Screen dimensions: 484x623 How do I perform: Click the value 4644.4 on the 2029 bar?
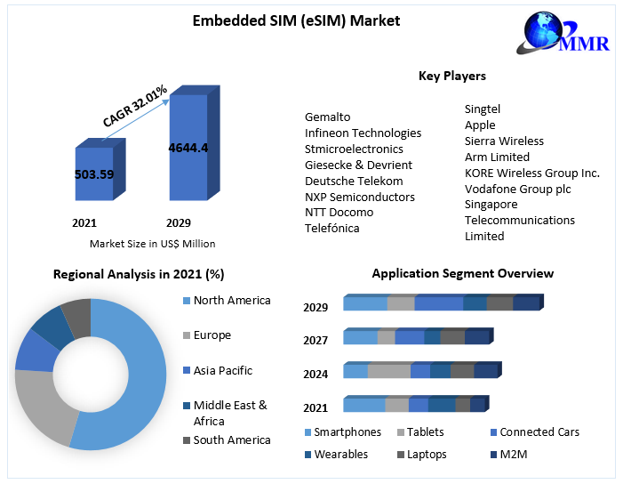pyautogui.click(x=188, y=148)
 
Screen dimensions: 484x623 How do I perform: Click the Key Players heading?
pyautogui.click(x=451, y=77)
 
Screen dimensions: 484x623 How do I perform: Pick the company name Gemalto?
pyautogui.click(x=328, y=117)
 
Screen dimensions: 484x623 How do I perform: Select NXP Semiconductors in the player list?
pyautogui.click(x=359, y=197)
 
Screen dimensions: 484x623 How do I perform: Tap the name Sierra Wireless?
pyautogui.click(x=504, y=141)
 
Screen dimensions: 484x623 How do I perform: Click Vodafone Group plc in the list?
pyautogui.click(x=517, y=189)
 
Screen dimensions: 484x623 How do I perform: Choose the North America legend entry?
pyautogui.click(x=231, y=301)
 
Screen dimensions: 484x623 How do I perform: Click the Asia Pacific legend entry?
pyautogui.click(x=222, y=371)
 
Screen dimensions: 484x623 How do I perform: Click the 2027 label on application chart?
pyautogui.click(x=315, y=341)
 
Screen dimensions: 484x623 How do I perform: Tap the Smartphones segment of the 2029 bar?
pyautogui.click(x=364, y=304)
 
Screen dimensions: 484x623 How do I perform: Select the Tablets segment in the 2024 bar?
pyautogui.click(x=388, y=371)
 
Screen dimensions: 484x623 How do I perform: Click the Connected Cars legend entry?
pyautogui.click(x=539, y=432)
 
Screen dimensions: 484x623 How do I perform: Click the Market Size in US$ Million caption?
pyautogui.click(x=152, y=244)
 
